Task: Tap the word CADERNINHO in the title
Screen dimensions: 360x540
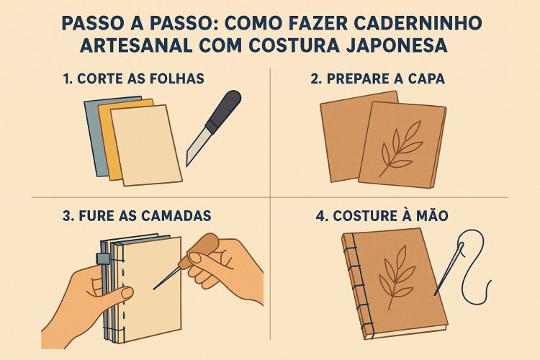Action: (x=416, y=22)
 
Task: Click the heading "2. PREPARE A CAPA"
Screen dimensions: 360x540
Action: (x=378, y=78)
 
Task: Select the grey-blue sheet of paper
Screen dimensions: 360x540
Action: (x=91, y=126)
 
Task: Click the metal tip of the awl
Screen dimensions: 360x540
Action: (x=166, y=281)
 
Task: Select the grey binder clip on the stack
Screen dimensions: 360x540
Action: (x=102, y=258)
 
